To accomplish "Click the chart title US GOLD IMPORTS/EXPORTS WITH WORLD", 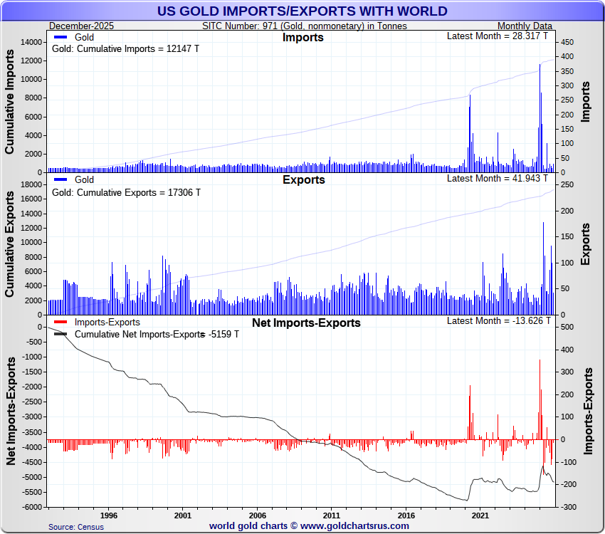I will pyautogui.click(x=302, y=11).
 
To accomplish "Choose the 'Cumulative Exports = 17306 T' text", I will pyautogui.click(x=127, y=192).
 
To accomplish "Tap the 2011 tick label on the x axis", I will pyautogui.click(x=331, y=514).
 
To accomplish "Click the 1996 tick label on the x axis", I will pyautogui.click(x=108, y=514).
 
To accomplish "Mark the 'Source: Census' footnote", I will pyautogui.click(x=76, y=527).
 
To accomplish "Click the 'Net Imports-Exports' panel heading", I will pyautogui.click(x=306, y=323).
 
